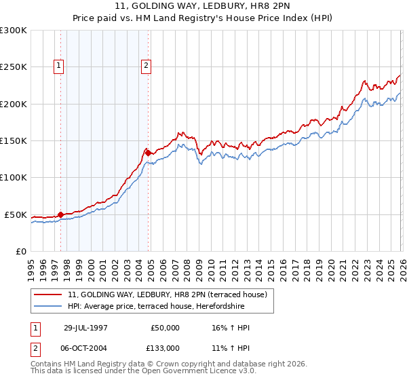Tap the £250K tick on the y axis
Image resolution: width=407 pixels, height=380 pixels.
(x=14, y=67)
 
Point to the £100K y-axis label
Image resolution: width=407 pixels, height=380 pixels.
(x=14, y=178)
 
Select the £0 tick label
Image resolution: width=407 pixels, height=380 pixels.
(x=20, y=251)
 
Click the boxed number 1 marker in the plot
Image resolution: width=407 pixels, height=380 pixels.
(x=59, y=66)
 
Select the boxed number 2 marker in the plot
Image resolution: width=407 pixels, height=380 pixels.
(x=146, y=66)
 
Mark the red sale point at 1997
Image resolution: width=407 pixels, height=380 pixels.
(x=61, y=215)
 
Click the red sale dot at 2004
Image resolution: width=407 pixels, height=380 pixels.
(x=148, y=153)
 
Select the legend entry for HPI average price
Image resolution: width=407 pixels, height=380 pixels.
(x=162, y=306)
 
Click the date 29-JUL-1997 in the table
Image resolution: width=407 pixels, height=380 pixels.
(x=85, y=328)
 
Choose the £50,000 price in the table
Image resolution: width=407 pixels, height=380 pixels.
(x=165, y=328)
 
